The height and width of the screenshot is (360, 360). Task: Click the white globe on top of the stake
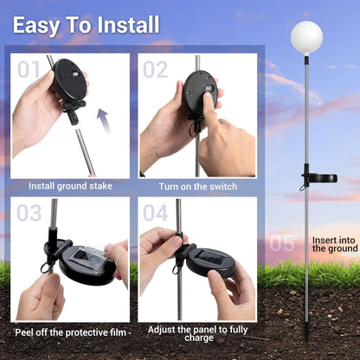click(x=306, y=38)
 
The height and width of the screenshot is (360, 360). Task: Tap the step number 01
click(x=29, y=69)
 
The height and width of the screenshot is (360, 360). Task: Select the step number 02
click(x=156, y=69)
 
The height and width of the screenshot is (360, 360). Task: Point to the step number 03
click(x=29, y=213)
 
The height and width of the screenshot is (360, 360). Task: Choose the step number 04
click(x=156, y=213)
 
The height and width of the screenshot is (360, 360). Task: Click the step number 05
click(x=282, y=243)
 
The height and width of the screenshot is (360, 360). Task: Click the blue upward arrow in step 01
click(x=104, y=120)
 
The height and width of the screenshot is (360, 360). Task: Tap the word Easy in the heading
click(x=35, y=25)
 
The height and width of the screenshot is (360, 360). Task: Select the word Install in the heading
click(x=128, y=25)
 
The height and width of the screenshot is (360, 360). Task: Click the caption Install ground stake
click(x=70, y=186)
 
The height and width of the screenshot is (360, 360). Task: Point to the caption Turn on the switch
click(x=198, y=187)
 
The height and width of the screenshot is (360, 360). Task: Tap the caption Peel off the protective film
click(x=71, y=332)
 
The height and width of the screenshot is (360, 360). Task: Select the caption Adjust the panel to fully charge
click(x=198, y=333)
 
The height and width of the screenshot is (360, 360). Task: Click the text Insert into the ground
click(x=335, y=244)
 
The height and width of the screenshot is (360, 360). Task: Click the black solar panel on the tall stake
click(x=319, y=178)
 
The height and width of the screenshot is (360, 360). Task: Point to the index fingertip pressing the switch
click(x=207, y=96)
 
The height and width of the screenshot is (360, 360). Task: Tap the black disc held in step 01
click(x=69, y=80)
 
